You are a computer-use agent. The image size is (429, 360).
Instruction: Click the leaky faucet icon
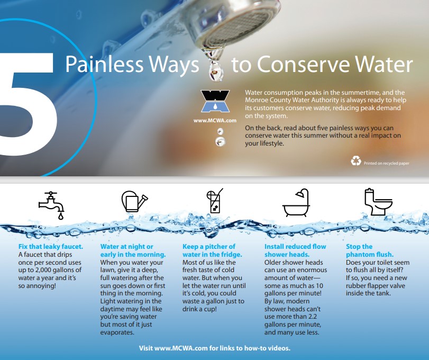pyautogui.click(x=52, y=205)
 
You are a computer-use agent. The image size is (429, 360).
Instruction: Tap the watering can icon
pyautogui.click(x=134, y=202)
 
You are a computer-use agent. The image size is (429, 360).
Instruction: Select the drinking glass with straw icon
pyautogui.click(x=215, y=201)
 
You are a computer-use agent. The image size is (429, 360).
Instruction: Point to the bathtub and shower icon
pyautogui.click(x=296, y=203)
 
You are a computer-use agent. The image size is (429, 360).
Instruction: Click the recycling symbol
pyautogui.click(x=356, y=161)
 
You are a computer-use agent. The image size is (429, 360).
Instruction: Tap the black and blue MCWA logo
pyautogui.click(x=215, y=101)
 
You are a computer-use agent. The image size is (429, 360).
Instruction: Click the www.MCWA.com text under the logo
pyautogui.click(x=215, y=121)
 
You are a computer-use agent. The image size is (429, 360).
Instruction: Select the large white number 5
pyautogui.click(x=27, y=104)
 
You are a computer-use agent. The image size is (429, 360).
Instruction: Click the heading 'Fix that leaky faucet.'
pyautogui.click(x=51, y=246)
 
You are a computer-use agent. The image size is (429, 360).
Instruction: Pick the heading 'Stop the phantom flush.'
pyautogui.click(x=370, y=250)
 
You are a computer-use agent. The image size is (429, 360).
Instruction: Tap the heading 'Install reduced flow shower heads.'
pyautogui.click(x=295, y=250)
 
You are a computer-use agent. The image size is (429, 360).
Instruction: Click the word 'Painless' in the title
pyautogui.click(x=104, y=65)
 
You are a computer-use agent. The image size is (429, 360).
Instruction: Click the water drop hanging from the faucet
pyautogui.click(x=216, y=70)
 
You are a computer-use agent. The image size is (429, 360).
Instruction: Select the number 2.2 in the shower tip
pyautogui.click(x=312, y=317)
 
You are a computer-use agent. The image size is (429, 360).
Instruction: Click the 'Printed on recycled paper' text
pyautogui.click(x=386, y=163)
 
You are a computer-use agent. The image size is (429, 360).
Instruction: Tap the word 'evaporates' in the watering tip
pyautogui.click(x=117, y=332)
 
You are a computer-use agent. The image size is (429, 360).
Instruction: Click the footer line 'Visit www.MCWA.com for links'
pyautogui.click(x=215, y=348)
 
